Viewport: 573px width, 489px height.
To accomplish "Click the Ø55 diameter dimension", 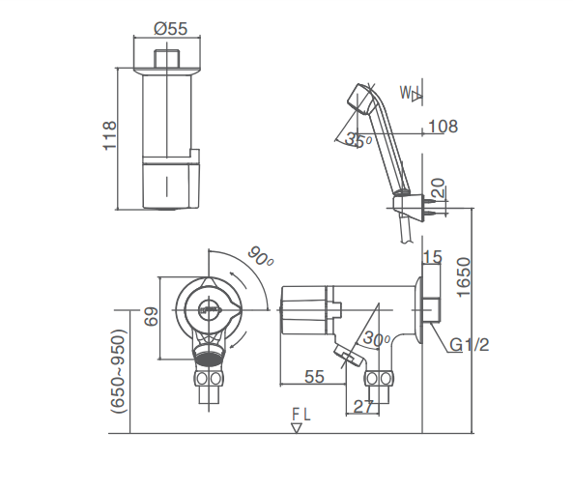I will pos(171,29).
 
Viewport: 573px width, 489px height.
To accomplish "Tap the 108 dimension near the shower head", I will pos(442,127).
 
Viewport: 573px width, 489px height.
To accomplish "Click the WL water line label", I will pos(411,94).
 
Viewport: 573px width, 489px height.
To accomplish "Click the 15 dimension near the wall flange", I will pos(431,257).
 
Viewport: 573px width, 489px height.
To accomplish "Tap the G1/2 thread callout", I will pos(469,344).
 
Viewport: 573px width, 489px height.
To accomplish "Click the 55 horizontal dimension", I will pos(313,377).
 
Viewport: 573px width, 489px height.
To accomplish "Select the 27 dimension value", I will pos(363,407).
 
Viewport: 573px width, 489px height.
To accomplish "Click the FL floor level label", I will pos(301,415).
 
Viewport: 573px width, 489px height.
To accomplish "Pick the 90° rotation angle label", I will pos(261,258).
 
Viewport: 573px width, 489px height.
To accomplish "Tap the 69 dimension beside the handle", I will pos(151,317).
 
